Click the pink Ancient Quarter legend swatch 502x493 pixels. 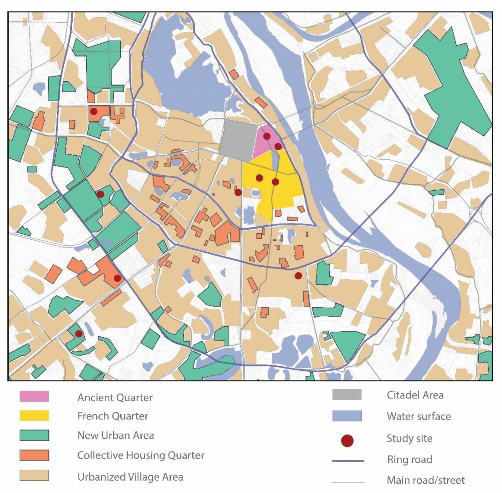(34, 396)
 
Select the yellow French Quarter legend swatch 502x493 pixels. (34, 416)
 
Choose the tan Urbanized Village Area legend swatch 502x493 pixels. (34, 475)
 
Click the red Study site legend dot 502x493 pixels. (347, 441)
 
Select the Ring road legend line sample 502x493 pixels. (348, 461)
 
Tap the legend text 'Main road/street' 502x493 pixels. (426, 480)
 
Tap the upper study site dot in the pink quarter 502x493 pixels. (267, 136)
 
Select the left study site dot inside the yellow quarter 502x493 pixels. (259, 178)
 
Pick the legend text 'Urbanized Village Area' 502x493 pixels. (130, 477)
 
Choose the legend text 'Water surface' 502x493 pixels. (419, 416)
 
